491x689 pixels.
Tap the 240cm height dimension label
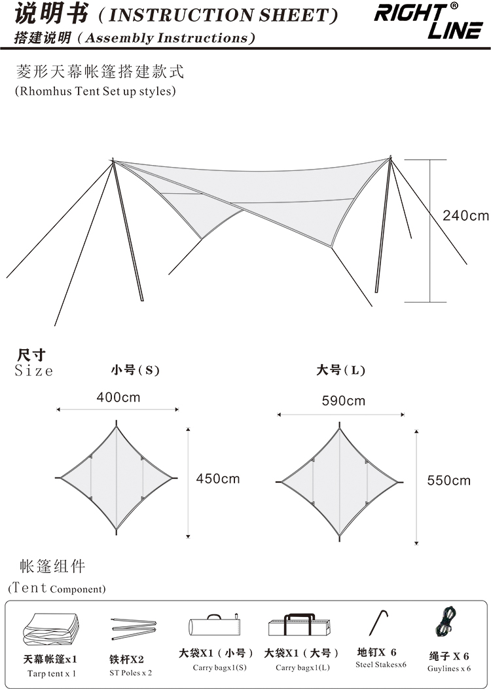click(x=465, y=215)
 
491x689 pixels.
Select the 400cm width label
click(x=118, y=398)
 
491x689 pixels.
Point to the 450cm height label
click(x=218, y=479)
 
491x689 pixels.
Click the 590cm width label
click(x=343, y=401)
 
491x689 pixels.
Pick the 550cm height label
click(x=448, y=481)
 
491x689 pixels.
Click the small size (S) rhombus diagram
click(x=117, y=478)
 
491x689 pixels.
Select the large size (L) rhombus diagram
click(x=340, y=482)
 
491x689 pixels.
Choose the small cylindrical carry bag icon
click(x=212, y=626)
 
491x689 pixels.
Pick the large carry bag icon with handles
click(x=302, y=625)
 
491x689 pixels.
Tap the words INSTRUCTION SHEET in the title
click(x=223, y=14)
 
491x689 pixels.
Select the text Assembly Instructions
click(x=170, y=39)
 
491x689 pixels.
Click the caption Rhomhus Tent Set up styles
click(x=96, y=91)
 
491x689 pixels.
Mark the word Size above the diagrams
click(x=33, y=371)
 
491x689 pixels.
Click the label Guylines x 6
click(x=449, y=669)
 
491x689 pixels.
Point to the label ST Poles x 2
click(x=131, y=673)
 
